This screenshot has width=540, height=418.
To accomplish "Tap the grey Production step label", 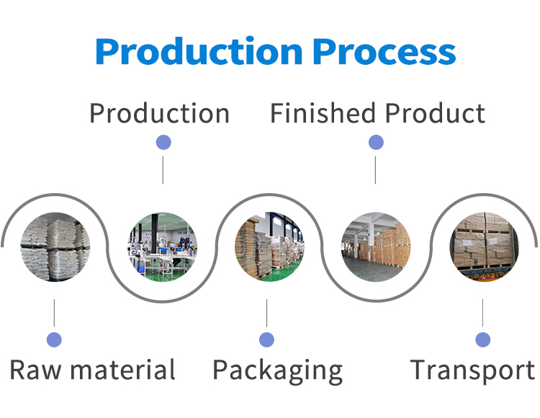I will pos(159,114).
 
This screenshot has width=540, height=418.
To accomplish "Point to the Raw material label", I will pos(92,370).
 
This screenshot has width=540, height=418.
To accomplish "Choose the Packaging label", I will pos(277,370).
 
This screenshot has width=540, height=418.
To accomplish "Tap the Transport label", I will pos(472,370).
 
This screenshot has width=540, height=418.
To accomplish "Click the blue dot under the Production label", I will pos(163,143).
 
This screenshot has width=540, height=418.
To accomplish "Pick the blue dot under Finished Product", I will pos(376,143).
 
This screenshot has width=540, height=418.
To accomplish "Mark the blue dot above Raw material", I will pos(54,339).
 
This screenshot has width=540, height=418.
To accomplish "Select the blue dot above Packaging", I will pos(267,339).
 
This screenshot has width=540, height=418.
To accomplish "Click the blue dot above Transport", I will pos(482,339).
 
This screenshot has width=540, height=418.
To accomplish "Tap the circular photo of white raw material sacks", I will pos(55,246).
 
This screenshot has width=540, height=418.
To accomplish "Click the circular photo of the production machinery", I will pos(163,246).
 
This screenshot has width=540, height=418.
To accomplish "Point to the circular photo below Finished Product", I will pos(376,246).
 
